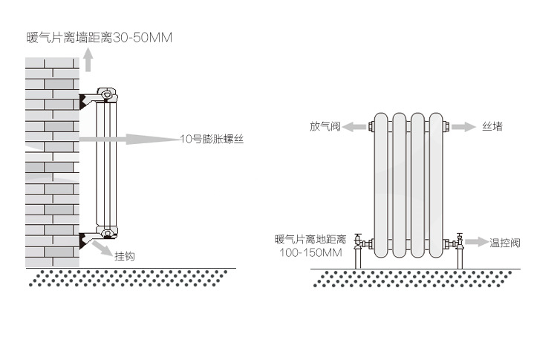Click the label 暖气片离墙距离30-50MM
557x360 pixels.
(98, 36)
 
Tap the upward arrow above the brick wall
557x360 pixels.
(88, 59)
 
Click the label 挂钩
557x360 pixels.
(124, 256)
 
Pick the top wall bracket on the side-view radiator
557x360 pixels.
(93, 98)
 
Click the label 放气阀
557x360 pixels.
(325, 127)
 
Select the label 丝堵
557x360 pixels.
(492, 127)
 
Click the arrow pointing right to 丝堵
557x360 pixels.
(463, 127)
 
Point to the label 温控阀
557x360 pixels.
(505, 243)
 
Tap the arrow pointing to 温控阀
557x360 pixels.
(477, 243)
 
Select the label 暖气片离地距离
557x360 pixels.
(310, 239)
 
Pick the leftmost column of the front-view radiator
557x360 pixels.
(381, 186)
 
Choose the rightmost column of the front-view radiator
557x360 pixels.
(438, 186)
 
